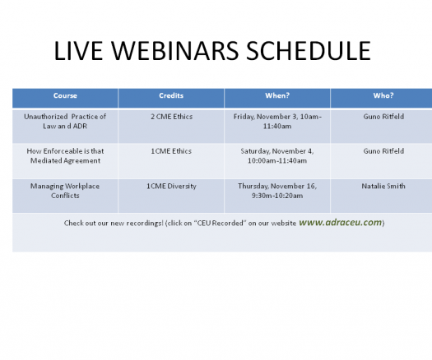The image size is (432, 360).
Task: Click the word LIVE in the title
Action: click(78, 51)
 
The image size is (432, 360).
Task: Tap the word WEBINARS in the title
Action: click(174, 51)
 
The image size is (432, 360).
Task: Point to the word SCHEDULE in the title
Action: click(309, 51)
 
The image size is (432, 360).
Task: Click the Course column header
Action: click(65, 95)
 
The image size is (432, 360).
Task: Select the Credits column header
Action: click(171, 95)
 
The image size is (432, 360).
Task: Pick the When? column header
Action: click(277, 95)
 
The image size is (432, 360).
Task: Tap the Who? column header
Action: click(383, 95)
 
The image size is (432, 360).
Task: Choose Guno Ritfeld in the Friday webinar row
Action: click(383, 117)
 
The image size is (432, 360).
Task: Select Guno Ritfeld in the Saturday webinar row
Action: click(383, 151)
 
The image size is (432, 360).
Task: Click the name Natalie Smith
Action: click(383, 187)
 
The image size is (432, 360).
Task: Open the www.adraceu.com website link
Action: click(341, 223)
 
